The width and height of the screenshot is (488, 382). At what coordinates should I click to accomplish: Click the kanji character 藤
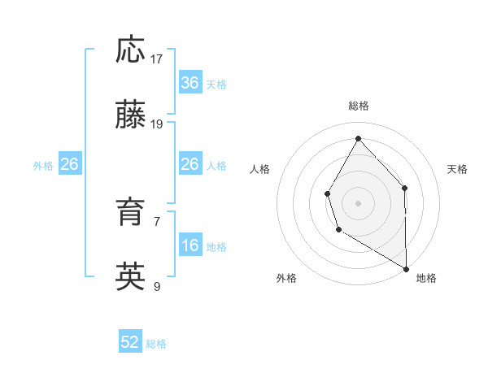coord(131,116)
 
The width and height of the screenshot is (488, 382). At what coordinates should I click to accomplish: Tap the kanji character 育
coord(131,214)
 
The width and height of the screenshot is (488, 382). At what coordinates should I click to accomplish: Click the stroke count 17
coord(157,59)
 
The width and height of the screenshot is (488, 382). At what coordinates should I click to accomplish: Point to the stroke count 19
coord(157,124)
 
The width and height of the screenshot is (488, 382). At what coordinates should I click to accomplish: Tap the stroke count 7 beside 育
coord(157,221)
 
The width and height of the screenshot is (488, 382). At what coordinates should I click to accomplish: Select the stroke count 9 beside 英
coord(157,286)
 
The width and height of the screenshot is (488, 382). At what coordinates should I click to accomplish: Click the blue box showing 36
coord(190,83)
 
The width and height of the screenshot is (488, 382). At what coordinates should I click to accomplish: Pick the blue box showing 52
coord(130,343)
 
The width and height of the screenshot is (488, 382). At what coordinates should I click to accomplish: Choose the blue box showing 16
coord(190,245)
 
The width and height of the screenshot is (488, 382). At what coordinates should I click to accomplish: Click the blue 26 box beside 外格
coord(69,165)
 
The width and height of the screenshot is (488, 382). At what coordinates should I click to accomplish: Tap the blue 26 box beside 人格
coord(190,165)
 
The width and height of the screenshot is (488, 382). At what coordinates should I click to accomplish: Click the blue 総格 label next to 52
coord(156,344)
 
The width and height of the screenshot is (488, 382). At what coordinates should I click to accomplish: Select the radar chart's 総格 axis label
coord(359,106)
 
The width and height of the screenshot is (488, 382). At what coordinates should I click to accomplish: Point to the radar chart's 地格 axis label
coord(426,279)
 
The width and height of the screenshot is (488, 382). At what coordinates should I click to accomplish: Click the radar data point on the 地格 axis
coord(406,268)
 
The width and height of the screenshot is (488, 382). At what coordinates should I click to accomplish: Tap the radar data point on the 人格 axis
coord(328,193)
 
